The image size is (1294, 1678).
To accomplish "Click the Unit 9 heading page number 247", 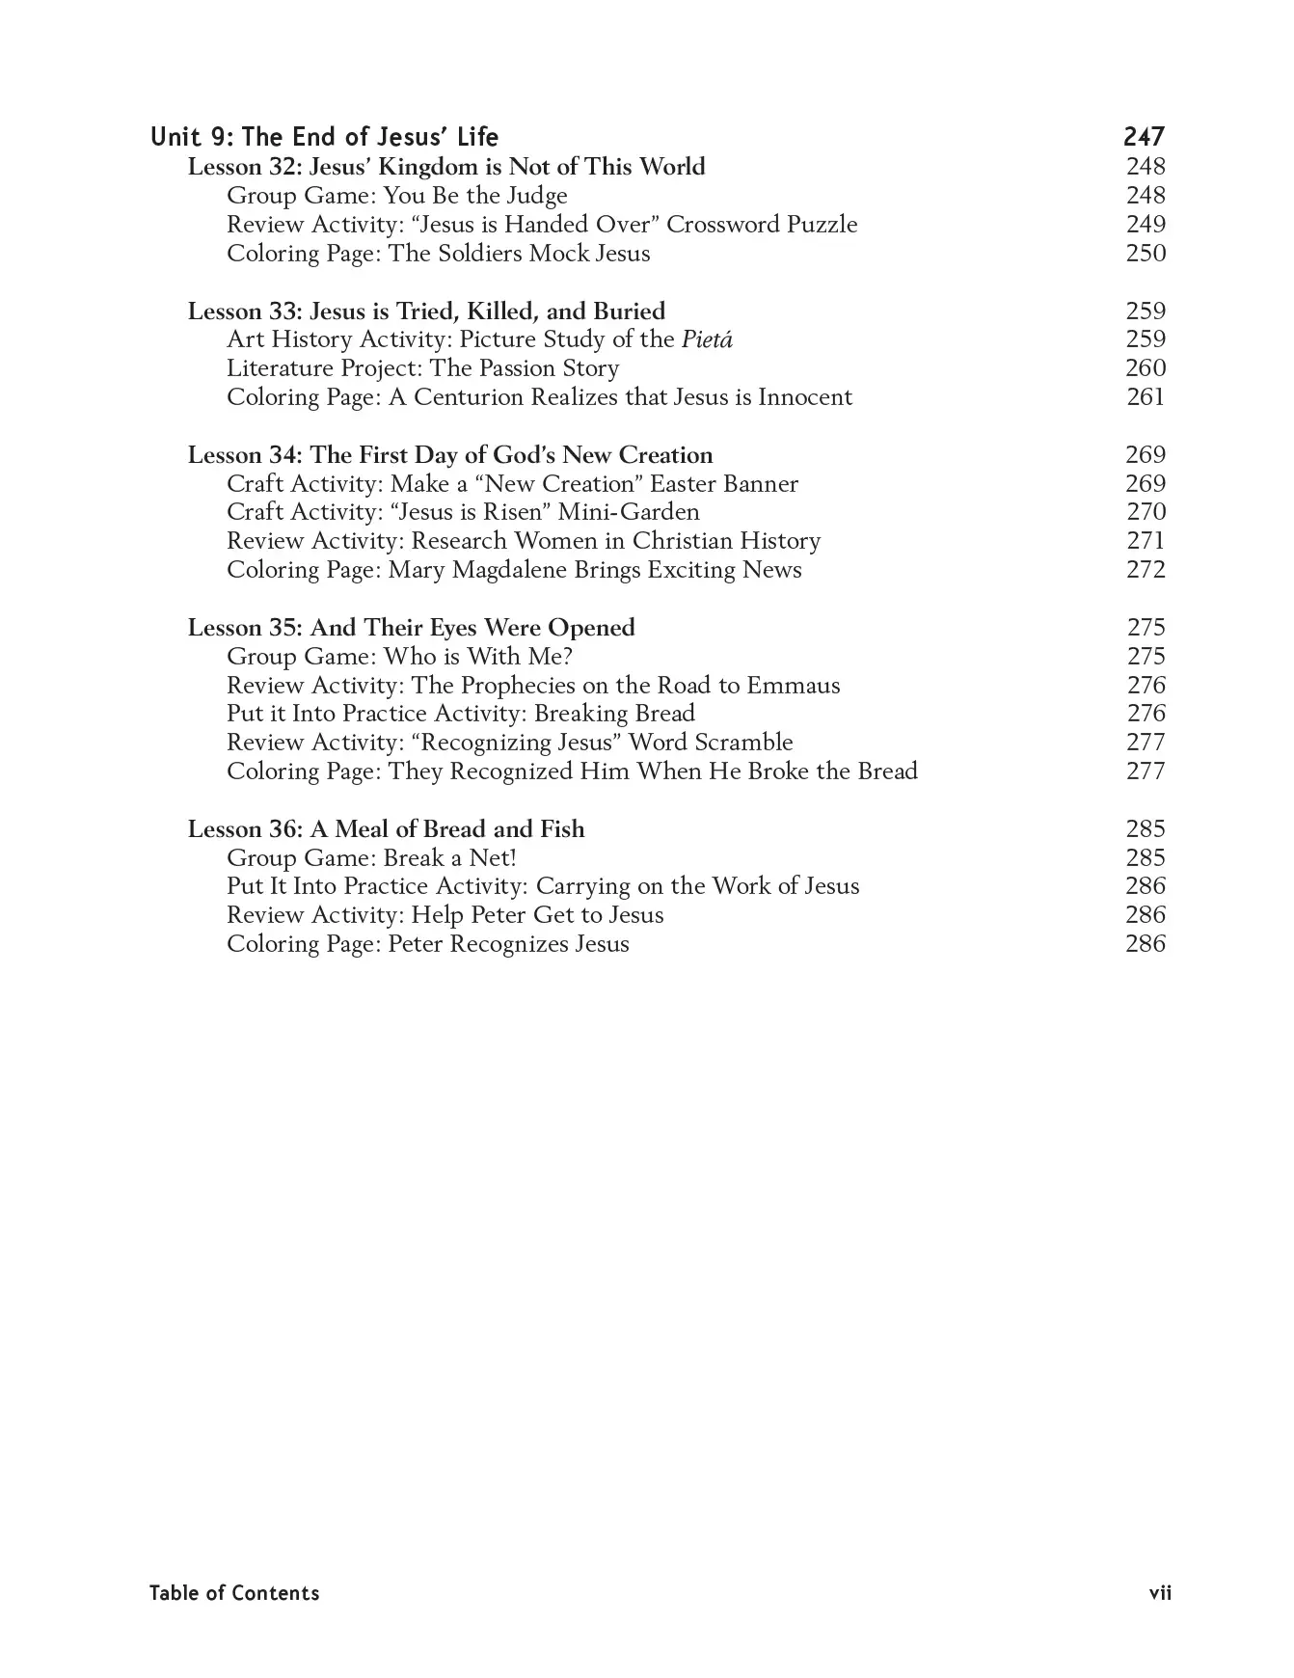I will [1144, 137].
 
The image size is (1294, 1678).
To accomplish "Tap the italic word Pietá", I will [707, 339].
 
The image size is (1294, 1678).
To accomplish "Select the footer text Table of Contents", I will [234, 1593].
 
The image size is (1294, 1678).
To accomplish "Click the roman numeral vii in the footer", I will [1160, 1593].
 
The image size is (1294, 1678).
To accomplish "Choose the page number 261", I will [1146, 397].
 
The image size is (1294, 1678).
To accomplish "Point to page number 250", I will [1146, 254].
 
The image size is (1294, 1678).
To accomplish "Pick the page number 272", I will [1146, 570].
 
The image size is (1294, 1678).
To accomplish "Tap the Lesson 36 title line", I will [386, 829].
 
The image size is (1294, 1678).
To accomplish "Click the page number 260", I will [1146, 368].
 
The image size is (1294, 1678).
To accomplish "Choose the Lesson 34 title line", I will [450, 455].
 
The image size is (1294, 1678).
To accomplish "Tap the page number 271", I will [1146, 541].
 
